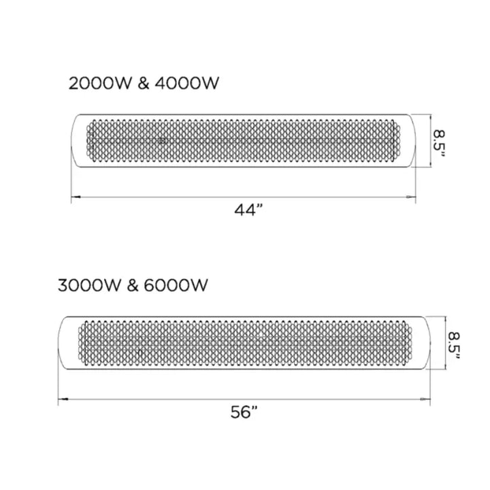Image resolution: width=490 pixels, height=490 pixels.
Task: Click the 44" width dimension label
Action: pyautogui.click(x=248, y=210)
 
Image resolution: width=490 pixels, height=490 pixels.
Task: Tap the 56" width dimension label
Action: pyautogui.click(x=244, y=412)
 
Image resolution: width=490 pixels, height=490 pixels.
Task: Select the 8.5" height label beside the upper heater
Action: pyautogui.click(x=440, y=144)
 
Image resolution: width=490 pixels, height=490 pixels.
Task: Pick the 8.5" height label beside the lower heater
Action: pyautogui.click(x=454, y=346)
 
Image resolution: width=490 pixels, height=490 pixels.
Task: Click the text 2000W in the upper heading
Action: pyautogui.click(x=100, y=84)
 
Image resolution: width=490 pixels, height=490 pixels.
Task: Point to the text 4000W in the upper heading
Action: pyautogui.click(x=186, y=84)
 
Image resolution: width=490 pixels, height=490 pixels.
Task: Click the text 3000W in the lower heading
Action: pyautogui.click(x=89, y=285)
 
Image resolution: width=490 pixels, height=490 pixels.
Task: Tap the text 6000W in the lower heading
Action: pyautogui.click(x=176, y=285)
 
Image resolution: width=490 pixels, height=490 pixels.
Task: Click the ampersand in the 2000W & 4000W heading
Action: pyautogui.click(x=144, y=84)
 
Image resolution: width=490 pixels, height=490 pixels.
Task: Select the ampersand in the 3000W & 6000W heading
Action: pyautogui.click(x=133, y=285)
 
